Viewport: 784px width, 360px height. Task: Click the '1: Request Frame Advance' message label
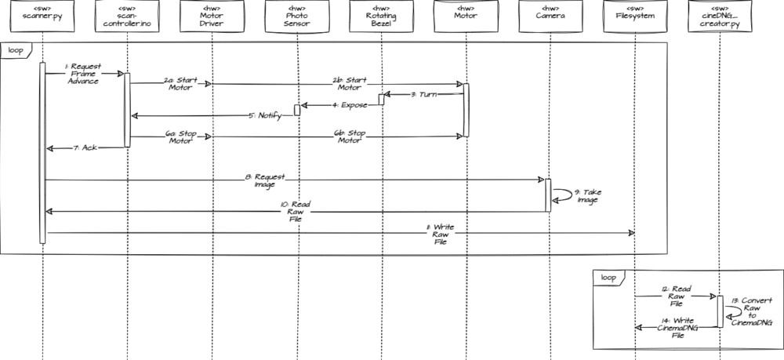point(83,74)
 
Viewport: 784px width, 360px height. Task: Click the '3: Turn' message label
point(426,94)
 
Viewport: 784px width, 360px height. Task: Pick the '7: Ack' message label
point(85,147)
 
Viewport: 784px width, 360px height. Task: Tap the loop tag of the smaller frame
point(607,277)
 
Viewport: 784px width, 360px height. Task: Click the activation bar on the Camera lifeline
point(548,195)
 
